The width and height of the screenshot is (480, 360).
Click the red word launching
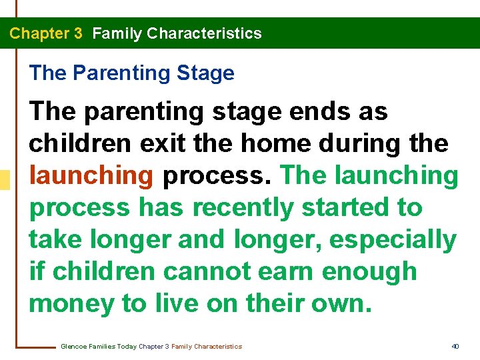[91, 176]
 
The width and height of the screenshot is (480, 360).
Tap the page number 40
[455, 346]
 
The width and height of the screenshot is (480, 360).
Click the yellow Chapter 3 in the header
[46, 33]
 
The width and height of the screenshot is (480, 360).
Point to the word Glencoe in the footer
[73, 346]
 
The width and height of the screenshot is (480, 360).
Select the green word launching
[397, 176]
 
